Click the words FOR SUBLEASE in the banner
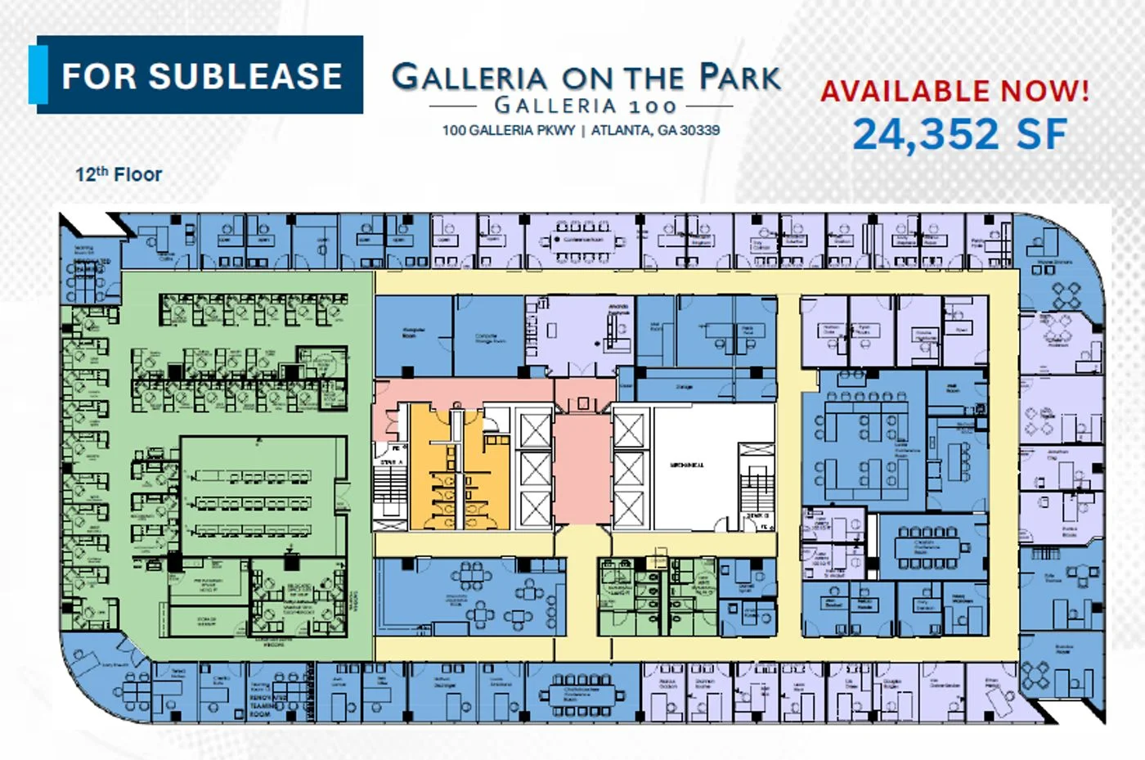click(x=202, y=76)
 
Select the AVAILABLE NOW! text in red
click(x=954, y=90)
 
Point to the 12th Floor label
click(x=119, y=174)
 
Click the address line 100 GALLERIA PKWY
click(x=509, y=130)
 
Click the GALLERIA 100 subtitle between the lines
click(x=586, y=106)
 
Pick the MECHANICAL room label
click(x=687, y=465)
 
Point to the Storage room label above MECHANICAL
click(x=685, y=387)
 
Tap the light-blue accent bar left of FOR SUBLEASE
click(x=38, y=74)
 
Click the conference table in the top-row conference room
click(x=582, y=241)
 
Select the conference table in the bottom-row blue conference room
click(x=581, y=695)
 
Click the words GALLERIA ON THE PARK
click(x=586, y=77)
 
